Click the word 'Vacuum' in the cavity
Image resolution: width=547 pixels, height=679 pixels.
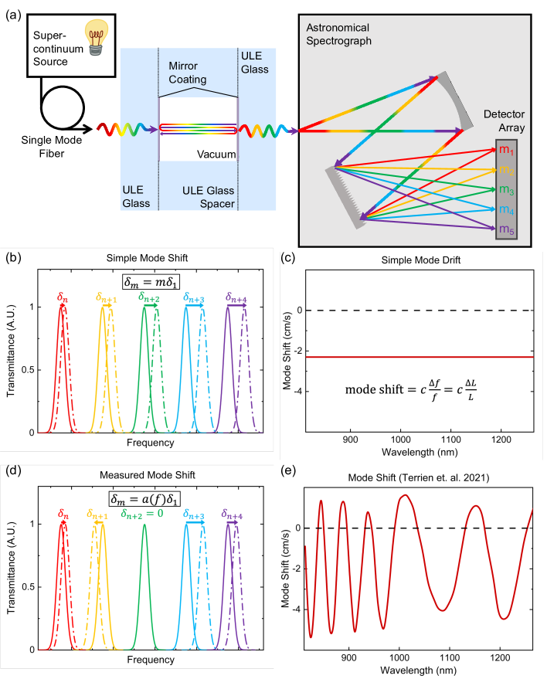pos(216,155)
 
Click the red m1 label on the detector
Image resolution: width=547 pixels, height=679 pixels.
pos(505,150)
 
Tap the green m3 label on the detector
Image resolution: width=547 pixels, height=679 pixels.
pos(505,189)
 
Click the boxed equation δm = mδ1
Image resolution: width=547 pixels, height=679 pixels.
pos(147,281)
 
